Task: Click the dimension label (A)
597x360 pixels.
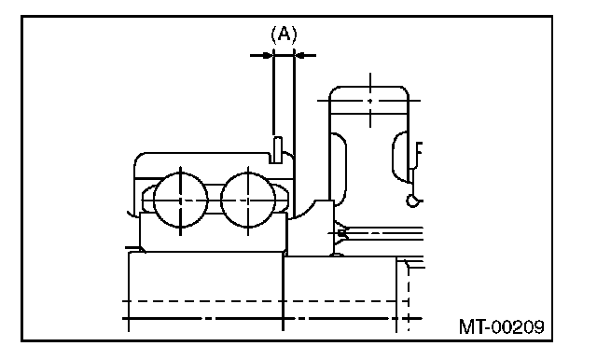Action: [284, 35]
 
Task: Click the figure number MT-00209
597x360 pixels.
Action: [502, 326]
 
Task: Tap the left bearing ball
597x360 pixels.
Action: [180, 201]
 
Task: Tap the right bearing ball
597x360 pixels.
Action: [248, 201]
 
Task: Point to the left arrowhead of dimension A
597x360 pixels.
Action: [268, 56]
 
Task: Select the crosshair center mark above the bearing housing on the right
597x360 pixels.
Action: [370, 101]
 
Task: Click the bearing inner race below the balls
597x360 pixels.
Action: [214, 232]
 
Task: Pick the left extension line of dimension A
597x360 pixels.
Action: [273, 91]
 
